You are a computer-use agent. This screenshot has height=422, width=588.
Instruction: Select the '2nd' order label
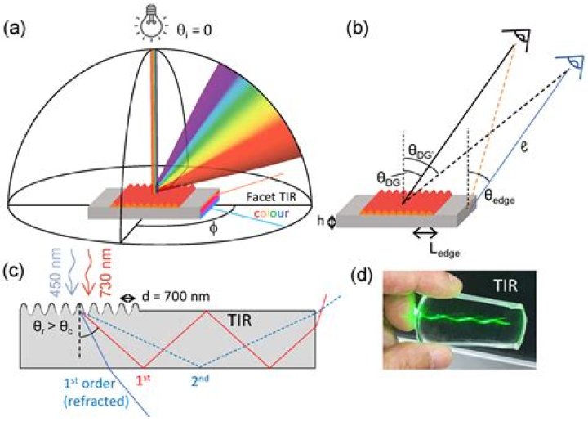click(198, 380)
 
